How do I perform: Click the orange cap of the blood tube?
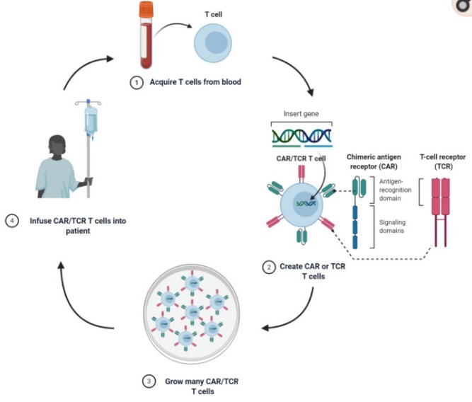click(x=146, y=10)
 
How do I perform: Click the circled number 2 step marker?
click(x=268, y=267)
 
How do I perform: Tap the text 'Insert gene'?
click(x=301, y=113)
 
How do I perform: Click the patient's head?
click(x=56, y=148)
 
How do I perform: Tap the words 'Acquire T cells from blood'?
click(x=195, y=83)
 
